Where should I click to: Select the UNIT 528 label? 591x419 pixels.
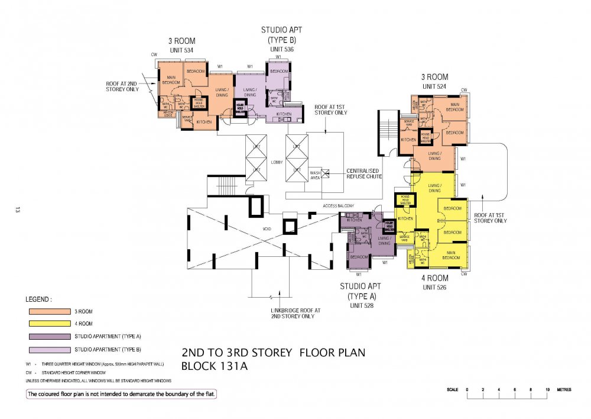click(x=362, y=305)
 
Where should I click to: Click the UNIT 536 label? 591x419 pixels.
click(x=282, y=49)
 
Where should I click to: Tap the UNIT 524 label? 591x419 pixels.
click(x=434, y=86)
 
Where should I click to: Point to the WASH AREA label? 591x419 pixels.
click(x=316, y=175)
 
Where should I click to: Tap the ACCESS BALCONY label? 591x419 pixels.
click(x=338, y=205)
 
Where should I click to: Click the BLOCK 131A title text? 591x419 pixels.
click(x=214, y=366)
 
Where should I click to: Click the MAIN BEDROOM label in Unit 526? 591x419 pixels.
click(x=450, y=256)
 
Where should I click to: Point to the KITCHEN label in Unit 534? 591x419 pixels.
click(x=204, y=122)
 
